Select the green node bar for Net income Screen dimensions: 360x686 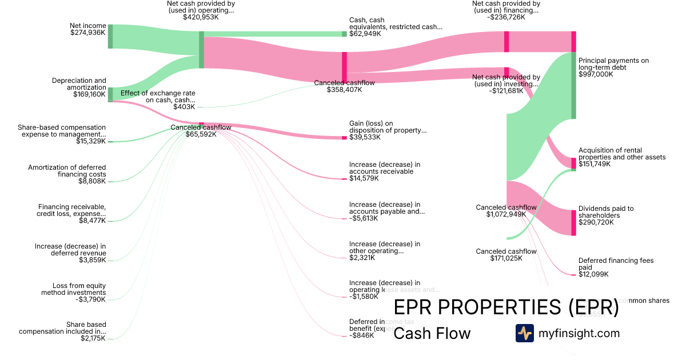[x=110, y=37]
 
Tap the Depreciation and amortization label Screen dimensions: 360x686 [x=79, y=84]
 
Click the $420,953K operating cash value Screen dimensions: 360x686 [x=201, y=17]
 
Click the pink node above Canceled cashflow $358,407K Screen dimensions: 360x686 [x=344, y=67]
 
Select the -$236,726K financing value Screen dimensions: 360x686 [x=506, y=17]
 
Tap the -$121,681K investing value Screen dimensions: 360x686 [x=506, y=91]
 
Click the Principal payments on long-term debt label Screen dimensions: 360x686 [x=613, y=64]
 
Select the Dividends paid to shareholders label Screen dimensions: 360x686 [x=606, y=212]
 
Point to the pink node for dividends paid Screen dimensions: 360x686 [x=573, y=223]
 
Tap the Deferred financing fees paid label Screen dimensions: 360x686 [x=616, y=264]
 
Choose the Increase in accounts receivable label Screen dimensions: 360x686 [x=385, y=168]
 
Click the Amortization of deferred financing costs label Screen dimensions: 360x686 [x=67, y=171]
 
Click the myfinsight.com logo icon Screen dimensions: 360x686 [x=524, y=333]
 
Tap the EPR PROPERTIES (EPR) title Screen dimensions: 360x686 [x=506, y=307]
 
